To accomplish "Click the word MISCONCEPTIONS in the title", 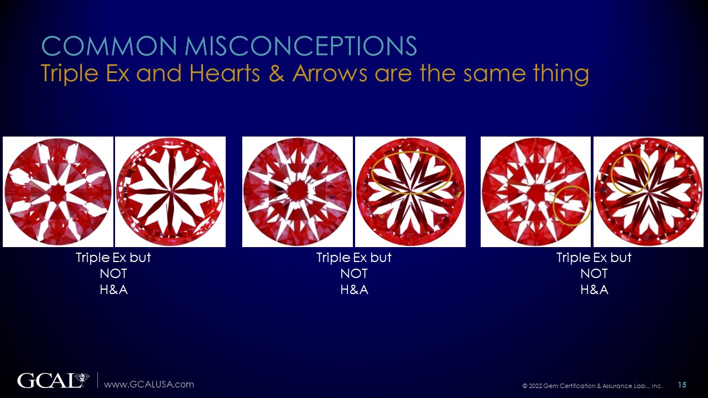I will [301, 46].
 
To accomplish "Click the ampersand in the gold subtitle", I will [276, 74].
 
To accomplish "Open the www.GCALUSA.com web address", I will [149, 384].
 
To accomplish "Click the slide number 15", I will [682, 385].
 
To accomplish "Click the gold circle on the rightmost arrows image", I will [572, 206].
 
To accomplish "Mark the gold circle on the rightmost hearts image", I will [631, 174].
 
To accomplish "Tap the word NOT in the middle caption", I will [354, 274].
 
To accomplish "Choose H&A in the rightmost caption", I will [594, 290].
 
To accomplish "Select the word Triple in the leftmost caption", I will [93, 258].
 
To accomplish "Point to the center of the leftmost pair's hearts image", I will [170, 192].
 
